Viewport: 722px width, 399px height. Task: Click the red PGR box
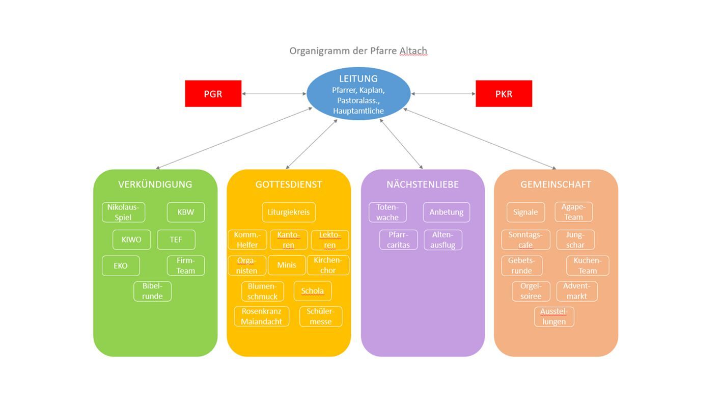[213, 94]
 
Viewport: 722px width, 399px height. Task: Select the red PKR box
[504, 94]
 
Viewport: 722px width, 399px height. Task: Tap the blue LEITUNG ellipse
[358, 94]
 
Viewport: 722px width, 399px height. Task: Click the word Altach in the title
[413, 51]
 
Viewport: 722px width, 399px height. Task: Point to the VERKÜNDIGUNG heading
[155, 184]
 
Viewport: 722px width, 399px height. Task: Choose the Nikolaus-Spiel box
[123, 212]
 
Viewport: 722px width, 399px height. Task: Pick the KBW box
[186, 212]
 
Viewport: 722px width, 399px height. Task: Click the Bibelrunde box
[152, 291]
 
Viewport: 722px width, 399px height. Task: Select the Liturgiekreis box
[289, 212]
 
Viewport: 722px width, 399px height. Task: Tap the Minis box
[286, 265]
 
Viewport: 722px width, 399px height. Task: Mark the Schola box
[312, 291]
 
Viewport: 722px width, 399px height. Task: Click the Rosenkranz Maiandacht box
[262, 316]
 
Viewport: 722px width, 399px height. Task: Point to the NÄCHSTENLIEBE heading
[423, 184]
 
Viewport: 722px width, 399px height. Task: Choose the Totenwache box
[387, 212]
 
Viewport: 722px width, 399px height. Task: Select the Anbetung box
[446, 212]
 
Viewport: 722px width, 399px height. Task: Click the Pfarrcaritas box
[398, 240]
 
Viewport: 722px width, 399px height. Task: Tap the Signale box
[525, 212]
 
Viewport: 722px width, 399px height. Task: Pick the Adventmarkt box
[576, 291]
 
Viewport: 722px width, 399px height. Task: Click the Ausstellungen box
[554, 316]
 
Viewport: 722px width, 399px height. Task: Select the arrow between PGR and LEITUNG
[274, 94]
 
